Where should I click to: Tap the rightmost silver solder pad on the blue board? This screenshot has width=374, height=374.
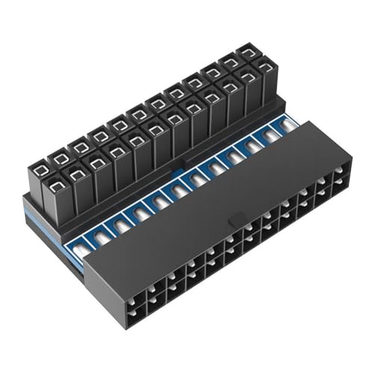coord(283,130)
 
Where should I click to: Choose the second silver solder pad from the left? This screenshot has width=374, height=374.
coord(118,224)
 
